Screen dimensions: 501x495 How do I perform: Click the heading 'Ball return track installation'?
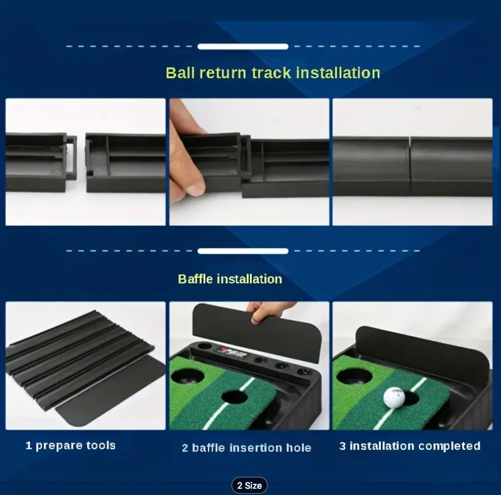pos(273,73)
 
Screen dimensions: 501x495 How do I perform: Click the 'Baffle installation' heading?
pos(230,279)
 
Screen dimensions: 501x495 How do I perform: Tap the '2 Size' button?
pos(249,486)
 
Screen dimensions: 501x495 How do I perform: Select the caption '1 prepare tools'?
pos(71,446)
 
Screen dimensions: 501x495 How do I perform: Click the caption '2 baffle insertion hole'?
pos(247,447)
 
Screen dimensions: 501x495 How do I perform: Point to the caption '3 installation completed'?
pos(410,446)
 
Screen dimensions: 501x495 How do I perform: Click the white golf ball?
pos(394,398)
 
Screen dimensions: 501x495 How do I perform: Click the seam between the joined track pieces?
pos(410,166)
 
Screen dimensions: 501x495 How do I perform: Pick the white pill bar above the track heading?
pos(243,47)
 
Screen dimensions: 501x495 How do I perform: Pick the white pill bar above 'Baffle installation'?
pos(243,251)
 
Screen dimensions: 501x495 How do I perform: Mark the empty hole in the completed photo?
pos(354,377)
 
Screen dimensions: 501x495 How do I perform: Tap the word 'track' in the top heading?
pos(271,73)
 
